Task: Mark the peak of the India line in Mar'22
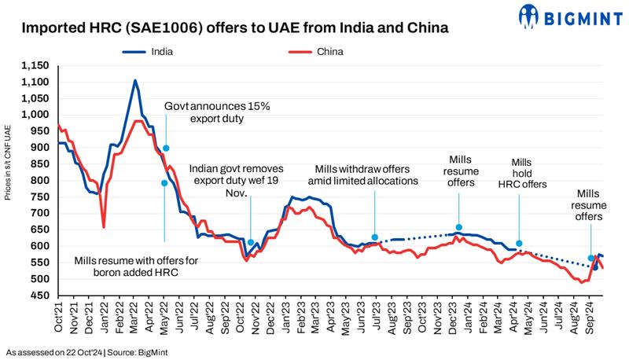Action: (x=135, y=80)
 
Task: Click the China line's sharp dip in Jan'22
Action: (x=105, y=227)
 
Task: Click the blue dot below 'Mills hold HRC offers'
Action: (x=519, y=244)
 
